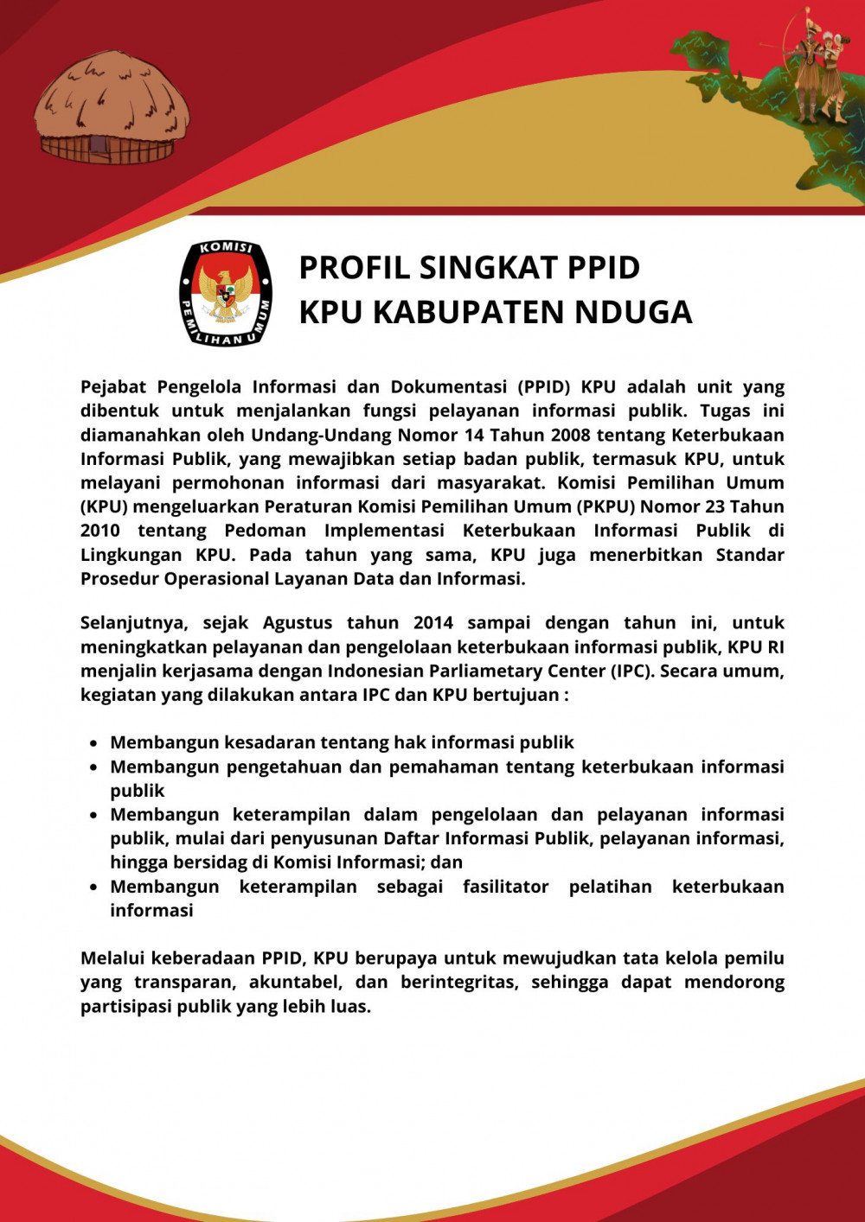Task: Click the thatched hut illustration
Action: click(x=112, y=109)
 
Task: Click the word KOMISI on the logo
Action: click(x=226, y=249)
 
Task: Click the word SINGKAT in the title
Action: click(x=488, y=268)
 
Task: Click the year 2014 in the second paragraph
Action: click(x=432, y=623)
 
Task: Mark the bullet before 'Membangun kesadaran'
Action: click(x=93, y=743)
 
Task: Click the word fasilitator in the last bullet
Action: click(x=505, y=887)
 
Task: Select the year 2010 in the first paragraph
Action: click(x=100, y=531)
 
